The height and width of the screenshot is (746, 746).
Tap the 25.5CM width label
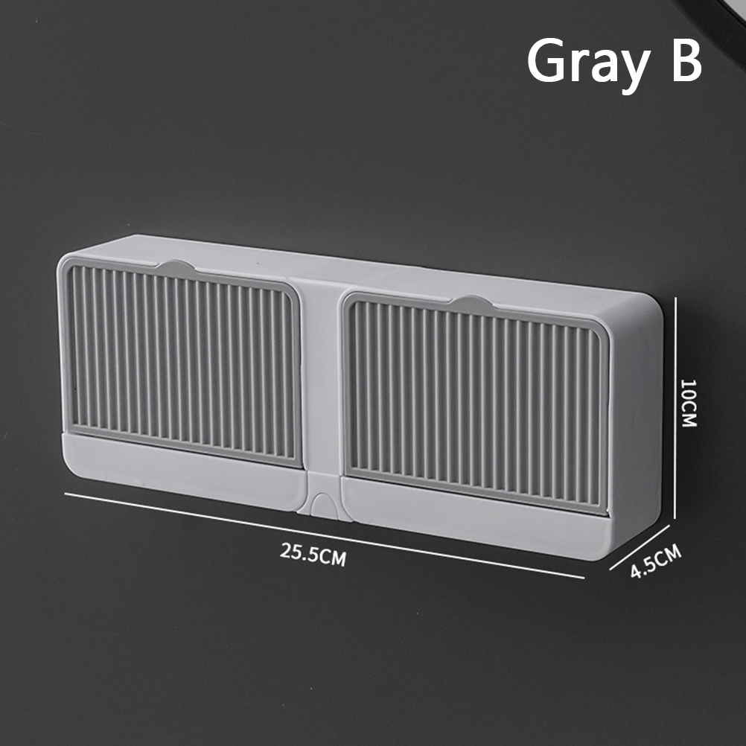tap(313, 554)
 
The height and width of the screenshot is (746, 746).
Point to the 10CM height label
tap(689, 403)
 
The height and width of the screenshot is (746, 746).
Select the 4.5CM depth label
tap(656, 561)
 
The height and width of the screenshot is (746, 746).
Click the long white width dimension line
tap(324, 536)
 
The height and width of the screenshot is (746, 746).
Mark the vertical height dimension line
tap(675, 408)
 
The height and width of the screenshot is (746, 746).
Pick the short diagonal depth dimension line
tap(640, 547)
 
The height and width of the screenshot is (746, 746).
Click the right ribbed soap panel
tap(476, 404)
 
